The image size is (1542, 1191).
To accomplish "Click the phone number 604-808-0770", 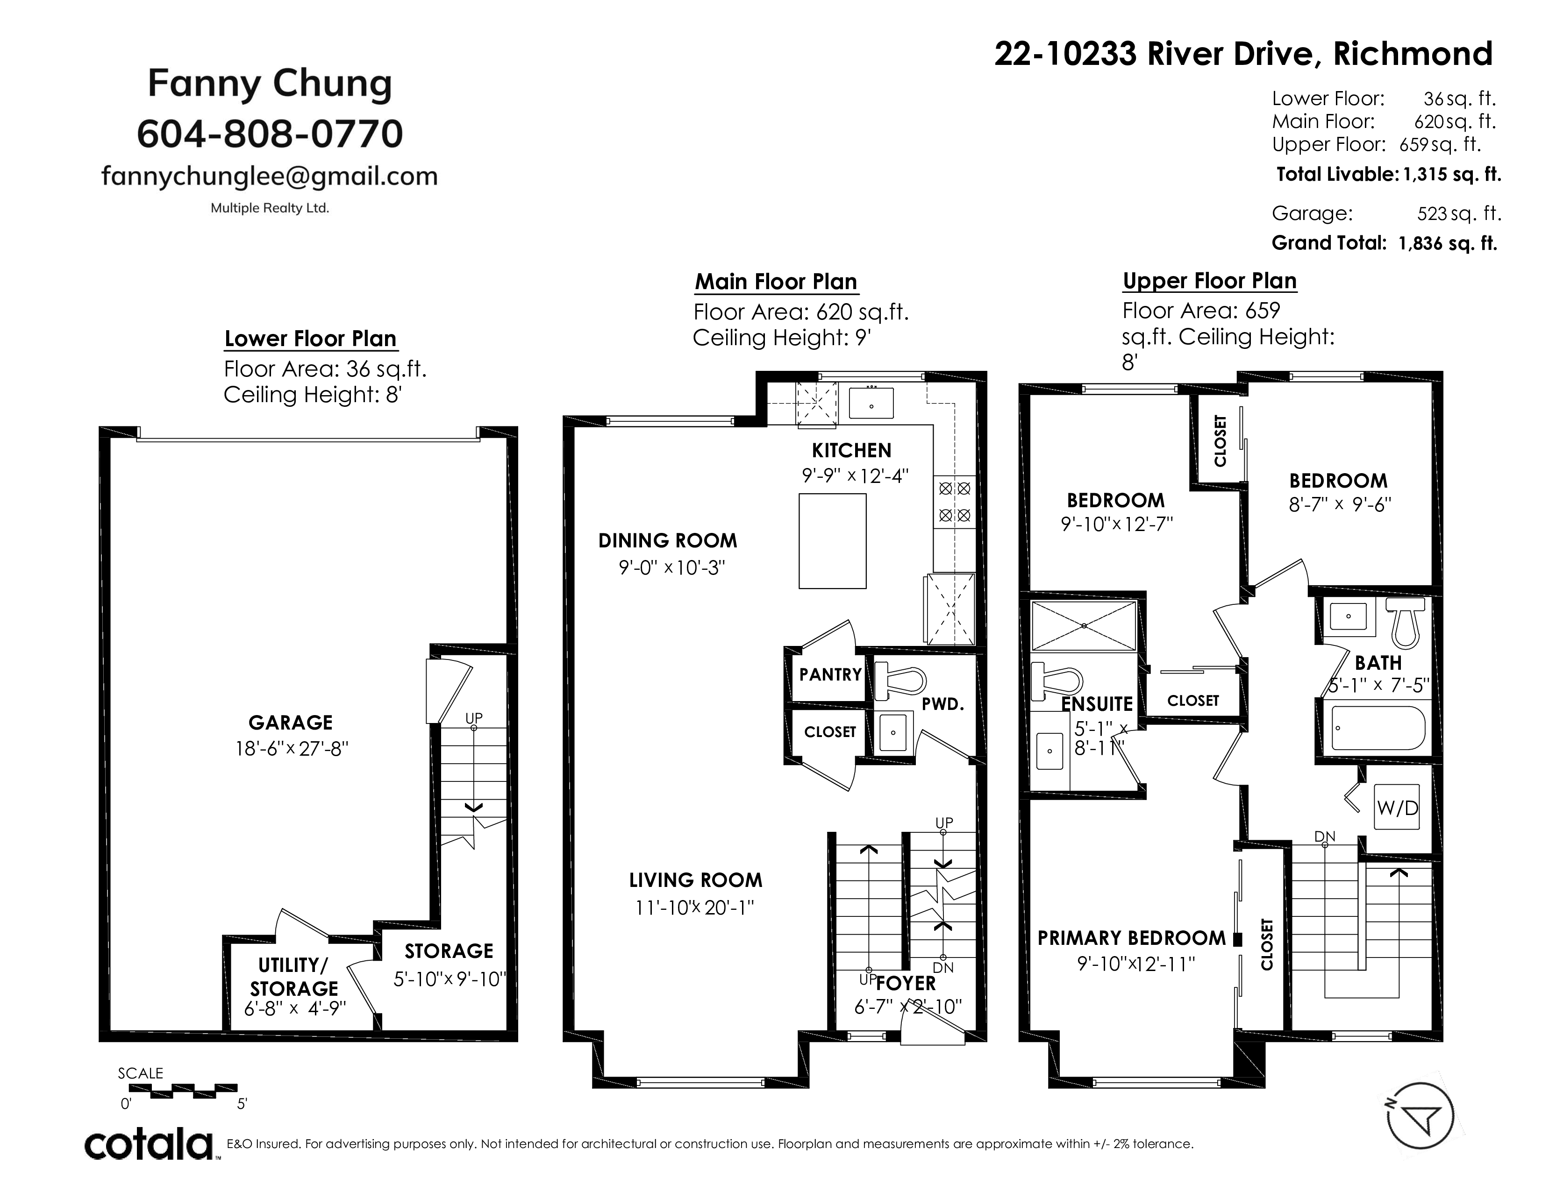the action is [x=270, y=134].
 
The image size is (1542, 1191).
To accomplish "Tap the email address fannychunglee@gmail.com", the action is [x=270, y=176].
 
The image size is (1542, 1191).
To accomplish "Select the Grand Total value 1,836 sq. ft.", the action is [x=1448, y=243].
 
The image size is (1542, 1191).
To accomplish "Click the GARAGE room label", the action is [x=290, y=723].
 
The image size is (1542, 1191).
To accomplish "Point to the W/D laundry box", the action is [x=1397, y=808].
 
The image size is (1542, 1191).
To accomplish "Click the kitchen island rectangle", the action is [x=832, y=541].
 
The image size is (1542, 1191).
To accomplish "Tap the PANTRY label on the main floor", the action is [x=830, y=674].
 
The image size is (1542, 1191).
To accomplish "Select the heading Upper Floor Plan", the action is [x=1209, y=281].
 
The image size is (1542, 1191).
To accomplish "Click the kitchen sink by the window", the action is [x=871, y=403].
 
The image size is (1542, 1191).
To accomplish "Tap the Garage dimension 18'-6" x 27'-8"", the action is [x=292, y=749].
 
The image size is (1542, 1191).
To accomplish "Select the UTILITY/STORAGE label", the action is [x=294, y=977].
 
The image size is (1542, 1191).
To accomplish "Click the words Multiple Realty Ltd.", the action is [x=270, y=208].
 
